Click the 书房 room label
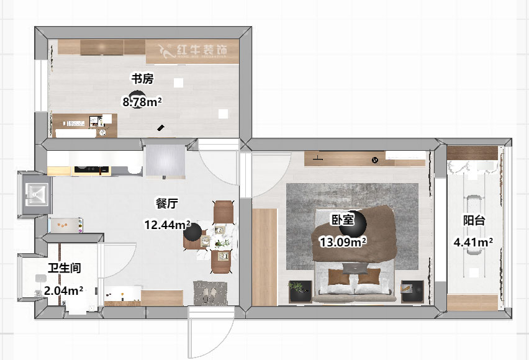(142, 79)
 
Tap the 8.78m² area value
(142, 101)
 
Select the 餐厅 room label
(167, 203)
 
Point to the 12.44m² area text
(167, 225)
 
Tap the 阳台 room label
(474, 220)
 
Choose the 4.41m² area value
(473, 241)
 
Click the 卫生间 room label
(65, 268)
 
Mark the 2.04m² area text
(63, 290)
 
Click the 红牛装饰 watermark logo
(192, 50)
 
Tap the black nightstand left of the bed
(300, 290)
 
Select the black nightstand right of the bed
(412, 290)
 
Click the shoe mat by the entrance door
(210, 292)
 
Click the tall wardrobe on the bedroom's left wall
(264, 256)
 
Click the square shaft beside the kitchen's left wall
(34, 194)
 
